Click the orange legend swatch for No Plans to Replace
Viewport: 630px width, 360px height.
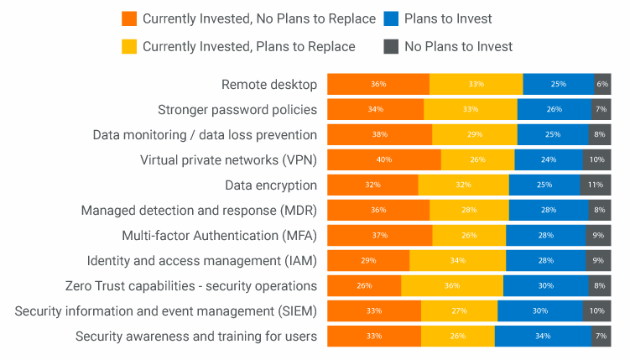(x=129, y=18)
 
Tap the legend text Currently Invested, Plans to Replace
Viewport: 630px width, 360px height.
(x=248, y=46)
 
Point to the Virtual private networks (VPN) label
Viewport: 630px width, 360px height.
(x=228, y=159)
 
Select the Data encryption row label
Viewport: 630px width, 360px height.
(x=270, y=185)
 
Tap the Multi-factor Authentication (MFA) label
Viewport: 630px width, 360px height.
(x=219, y=235)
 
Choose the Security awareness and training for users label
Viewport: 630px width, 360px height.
(x=195, y=337)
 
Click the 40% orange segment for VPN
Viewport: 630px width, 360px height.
(x=383, y=159)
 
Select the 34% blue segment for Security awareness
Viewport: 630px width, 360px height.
(x=542, y=337)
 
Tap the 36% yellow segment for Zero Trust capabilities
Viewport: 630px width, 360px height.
(x=452, y=286)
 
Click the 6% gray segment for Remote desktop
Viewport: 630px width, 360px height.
(x=602, y=84)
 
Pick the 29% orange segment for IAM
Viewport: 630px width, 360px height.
(x=367, y=261)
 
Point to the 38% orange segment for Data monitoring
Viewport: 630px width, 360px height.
(x=379, y=134)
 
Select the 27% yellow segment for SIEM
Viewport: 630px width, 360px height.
(x=459, y=311)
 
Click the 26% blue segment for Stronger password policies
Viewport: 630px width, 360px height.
(x=554, y=109)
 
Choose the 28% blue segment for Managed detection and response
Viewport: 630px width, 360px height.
(x=549, y=210)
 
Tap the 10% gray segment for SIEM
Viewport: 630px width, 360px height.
(x=597, y=311)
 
